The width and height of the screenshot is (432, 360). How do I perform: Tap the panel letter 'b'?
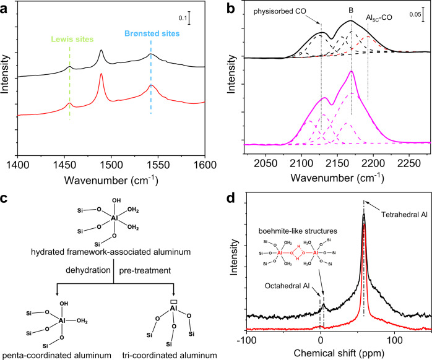tap(229, 8)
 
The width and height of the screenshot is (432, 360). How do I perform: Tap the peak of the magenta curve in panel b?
tap(351, 72)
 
